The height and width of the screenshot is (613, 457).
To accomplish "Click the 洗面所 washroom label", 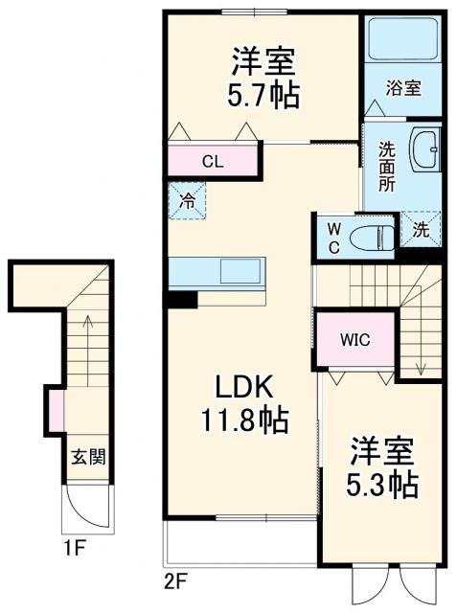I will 386,167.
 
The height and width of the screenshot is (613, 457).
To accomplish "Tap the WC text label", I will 333,236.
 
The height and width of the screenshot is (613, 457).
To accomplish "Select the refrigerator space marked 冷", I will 188,201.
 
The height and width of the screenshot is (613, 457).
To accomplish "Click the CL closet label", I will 213,161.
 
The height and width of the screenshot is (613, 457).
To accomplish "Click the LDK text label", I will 243,388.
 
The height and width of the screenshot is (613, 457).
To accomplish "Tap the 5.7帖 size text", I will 262,95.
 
